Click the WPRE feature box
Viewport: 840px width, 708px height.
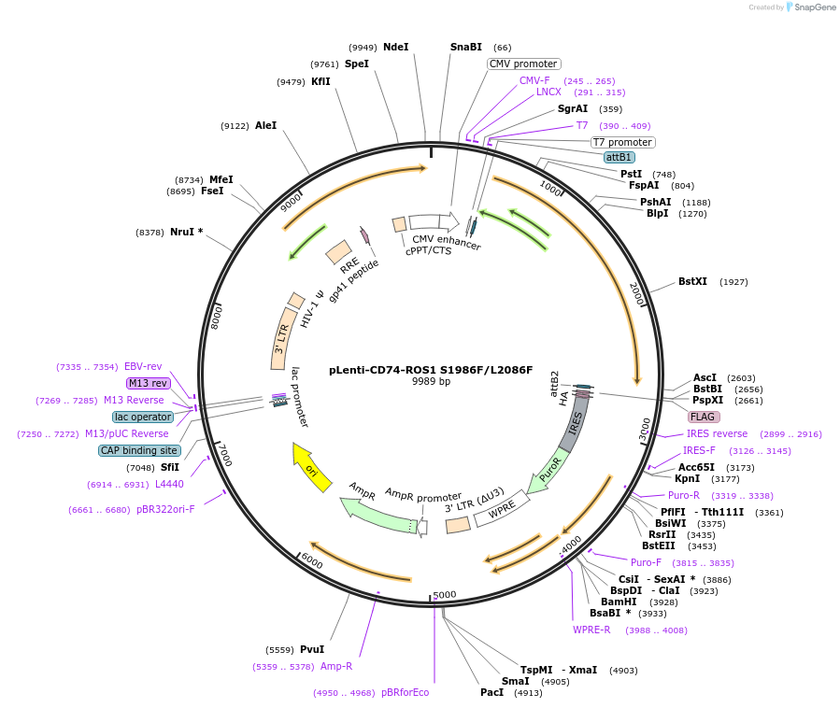click(502, 508)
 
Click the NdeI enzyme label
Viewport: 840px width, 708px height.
click(396, 47)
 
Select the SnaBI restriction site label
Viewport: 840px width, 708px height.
click(466, 47)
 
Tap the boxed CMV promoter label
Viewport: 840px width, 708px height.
click(523, 64)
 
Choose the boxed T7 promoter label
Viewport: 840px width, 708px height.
click(622, 142)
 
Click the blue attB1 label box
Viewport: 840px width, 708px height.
click(619, 157)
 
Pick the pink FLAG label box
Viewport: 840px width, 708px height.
click(704, 417)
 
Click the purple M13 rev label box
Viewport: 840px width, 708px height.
click(149, 383)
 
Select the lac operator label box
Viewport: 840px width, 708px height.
click(143, 417)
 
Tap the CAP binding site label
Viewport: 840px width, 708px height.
click(139, 450)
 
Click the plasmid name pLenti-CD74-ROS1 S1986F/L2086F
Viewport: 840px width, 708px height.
click(431, 369)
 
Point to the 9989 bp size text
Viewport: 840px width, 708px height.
click(431, 382)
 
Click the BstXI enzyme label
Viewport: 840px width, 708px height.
click(692, 281)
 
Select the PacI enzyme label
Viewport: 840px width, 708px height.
click(491, 692)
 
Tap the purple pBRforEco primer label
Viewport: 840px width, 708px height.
click(406, 692)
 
